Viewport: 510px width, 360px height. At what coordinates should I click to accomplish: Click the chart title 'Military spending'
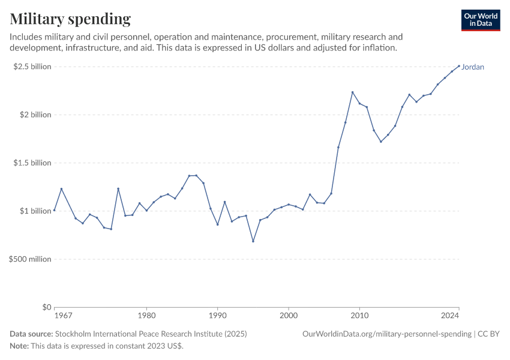coord(70,19)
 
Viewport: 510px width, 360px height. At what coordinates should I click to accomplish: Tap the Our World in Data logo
coord(480,20)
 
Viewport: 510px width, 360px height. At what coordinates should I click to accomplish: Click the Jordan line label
coord(473,67)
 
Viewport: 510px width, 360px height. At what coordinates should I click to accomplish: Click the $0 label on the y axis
coord(46,307)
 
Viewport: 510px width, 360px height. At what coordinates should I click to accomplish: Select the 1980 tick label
coord(146,315)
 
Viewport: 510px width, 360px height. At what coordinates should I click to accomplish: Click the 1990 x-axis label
coord(217,315)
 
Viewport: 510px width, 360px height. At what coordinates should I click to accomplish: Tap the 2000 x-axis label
coord(289,315)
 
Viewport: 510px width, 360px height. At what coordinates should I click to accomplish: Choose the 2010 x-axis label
coord(359,315)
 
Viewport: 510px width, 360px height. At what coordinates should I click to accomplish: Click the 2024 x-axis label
coord(450,315)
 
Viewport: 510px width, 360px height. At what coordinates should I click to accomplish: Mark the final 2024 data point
coord(459,66)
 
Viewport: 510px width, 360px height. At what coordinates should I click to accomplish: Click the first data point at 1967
coord(54,210)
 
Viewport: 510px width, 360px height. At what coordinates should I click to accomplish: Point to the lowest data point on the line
coord(253,241)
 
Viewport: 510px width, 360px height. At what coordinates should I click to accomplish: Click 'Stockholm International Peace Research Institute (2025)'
coord(151,334)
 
